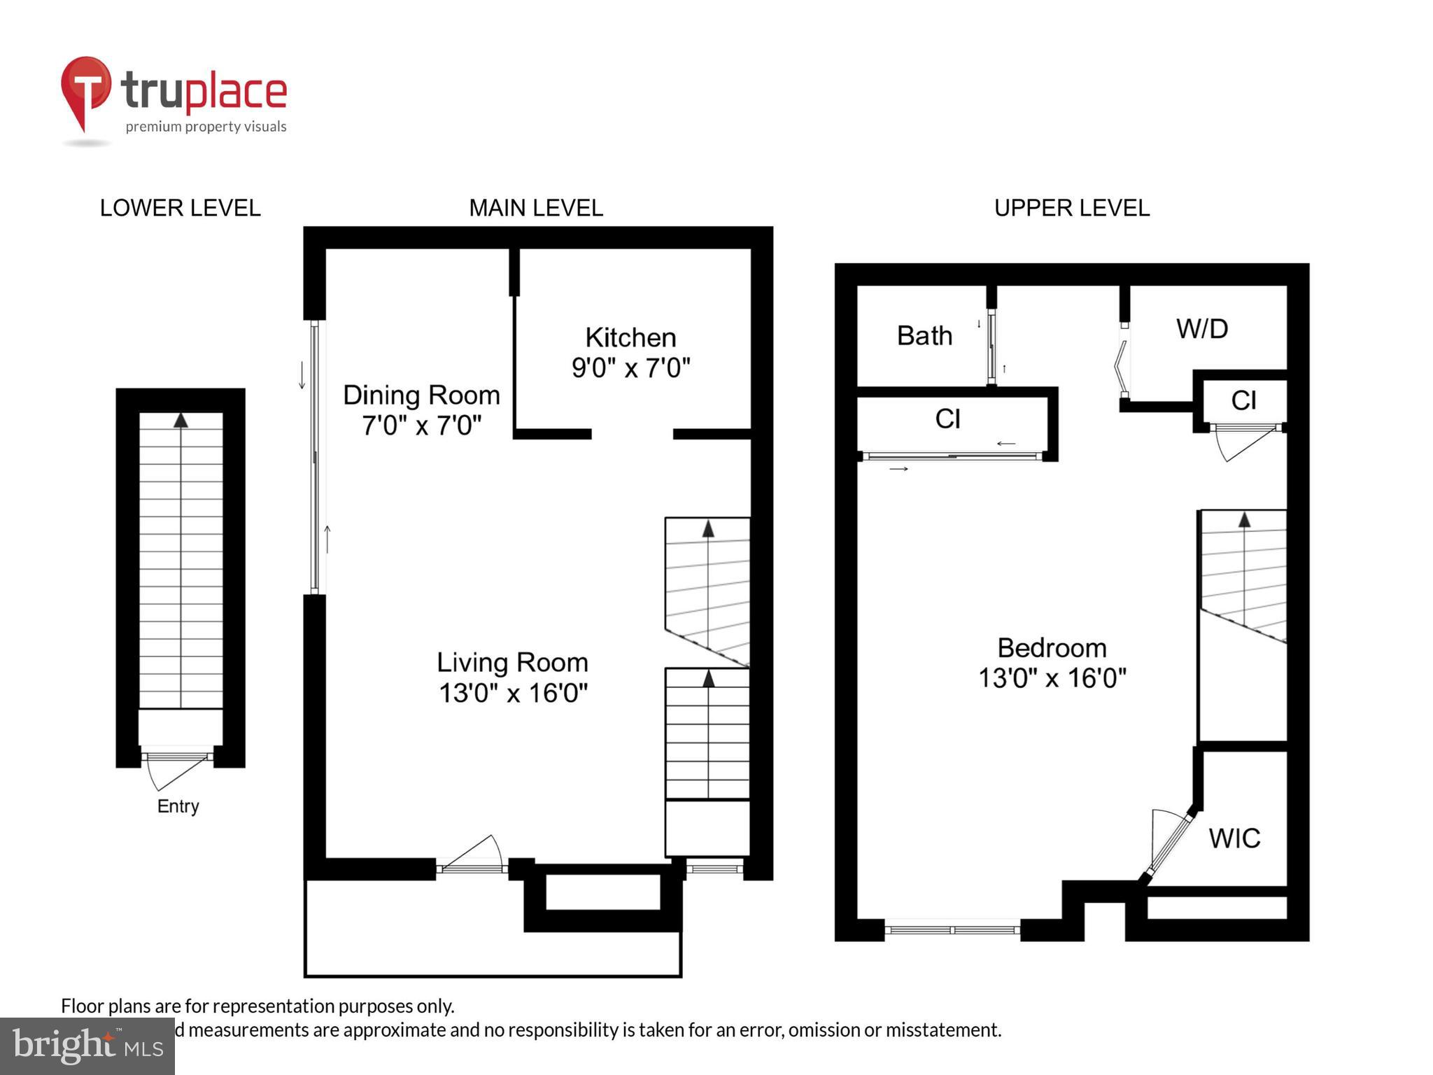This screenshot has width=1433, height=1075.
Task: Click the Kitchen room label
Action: pos(630,337)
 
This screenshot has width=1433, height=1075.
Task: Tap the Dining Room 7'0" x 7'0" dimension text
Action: pos(421,426)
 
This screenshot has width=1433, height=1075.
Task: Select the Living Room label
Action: pos(512,662)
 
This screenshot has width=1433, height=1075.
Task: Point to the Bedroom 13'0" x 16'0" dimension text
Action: pos(1052,678)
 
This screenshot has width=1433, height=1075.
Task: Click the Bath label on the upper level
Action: pos(924,336)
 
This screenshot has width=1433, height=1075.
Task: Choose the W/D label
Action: pos(1202,329)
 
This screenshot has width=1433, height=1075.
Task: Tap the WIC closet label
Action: pos(1234,838)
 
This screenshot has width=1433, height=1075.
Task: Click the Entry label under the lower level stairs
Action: pos(178,806)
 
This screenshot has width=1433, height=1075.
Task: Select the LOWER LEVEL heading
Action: pos(180,208)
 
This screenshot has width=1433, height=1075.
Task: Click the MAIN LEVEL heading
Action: pos(535,208)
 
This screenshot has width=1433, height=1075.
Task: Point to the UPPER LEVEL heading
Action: pos(1071,208)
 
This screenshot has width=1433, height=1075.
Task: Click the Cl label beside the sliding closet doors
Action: pos(947,419)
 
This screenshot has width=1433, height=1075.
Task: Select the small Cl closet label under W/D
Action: pos(1243,400)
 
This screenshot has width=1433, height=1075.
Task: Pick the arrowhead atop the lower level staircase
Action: pos(181,420)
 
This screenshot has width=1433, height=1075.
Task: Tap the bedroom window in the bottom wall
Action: pos(952,930)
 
